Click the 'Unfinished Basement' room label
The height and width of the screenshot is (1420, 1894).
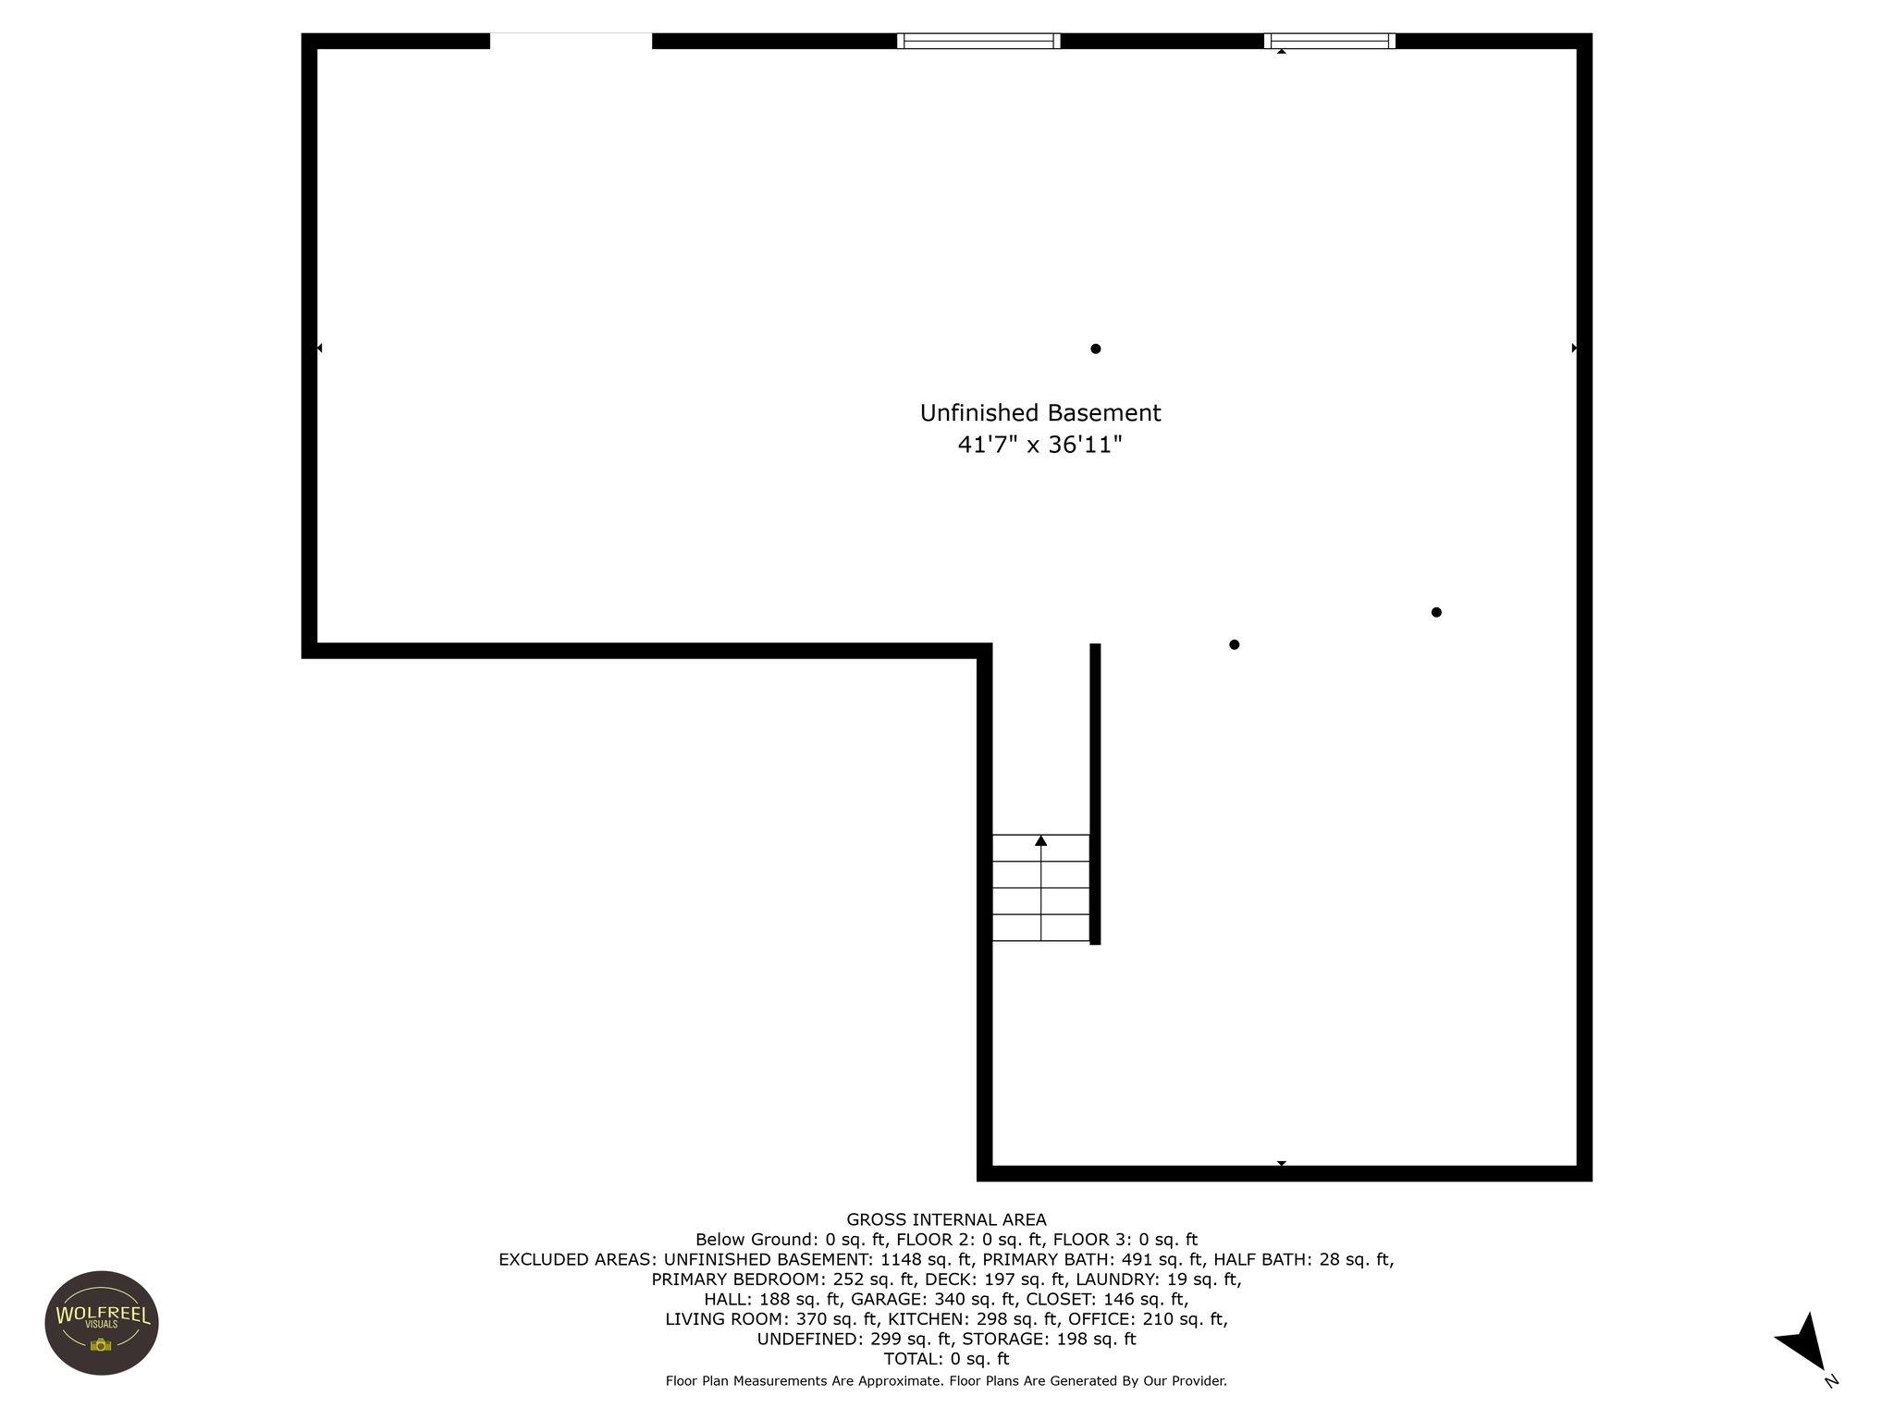click(x=1039, y=413)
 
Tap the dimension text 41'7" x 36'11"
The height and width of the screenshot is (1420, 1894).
click(x=1039, y=446)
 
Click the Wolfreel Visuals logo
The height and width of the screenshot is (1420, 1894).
click(x=102, y=1322)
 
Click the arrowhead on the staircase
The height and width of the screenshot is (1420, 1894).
click(x=1041, y=840)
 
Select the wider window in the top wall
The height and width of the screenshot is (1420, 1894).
click(x=978, y=41)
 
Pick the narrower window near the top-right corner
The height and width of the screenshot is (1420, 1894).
click(x=1330, y=41)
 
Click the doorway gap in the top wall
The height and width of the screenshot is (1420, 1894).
click(x=571, y=41)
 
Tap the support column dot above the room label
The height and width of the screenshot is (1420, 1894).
click(x=1096, y=349)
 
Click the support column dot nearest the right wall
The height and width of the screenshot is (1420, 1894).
click(x=1436, y=612)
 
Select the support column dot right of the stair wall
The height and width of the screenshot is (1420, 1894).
click(x=1234, y=644)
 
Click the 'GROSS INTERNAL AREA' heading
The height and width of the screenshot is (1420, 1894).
click(x=946, y=1219)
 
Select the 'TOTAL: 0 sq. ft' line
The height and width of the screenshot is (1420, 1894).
click(x=946, y=1359)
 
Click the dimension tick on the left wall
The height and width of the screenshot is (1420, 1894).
click(x=319, y=349)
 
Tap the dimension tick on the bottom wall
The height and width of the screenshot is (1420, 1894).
click(x=1282, y=1163)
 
